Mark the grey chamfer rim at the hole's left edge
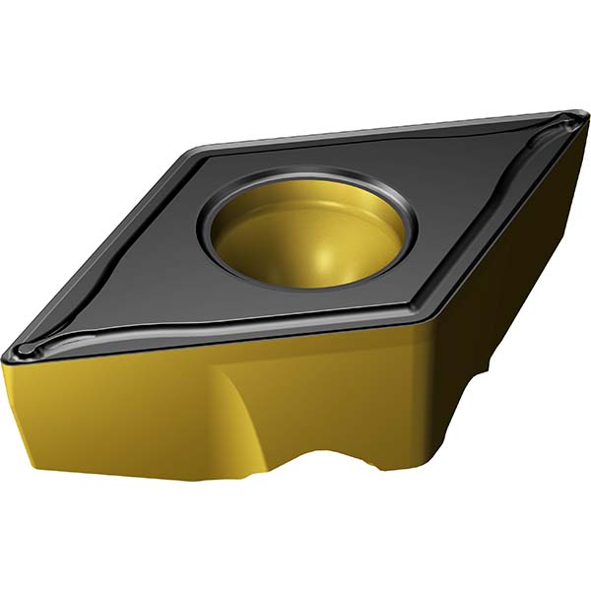tap(207, 231)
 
